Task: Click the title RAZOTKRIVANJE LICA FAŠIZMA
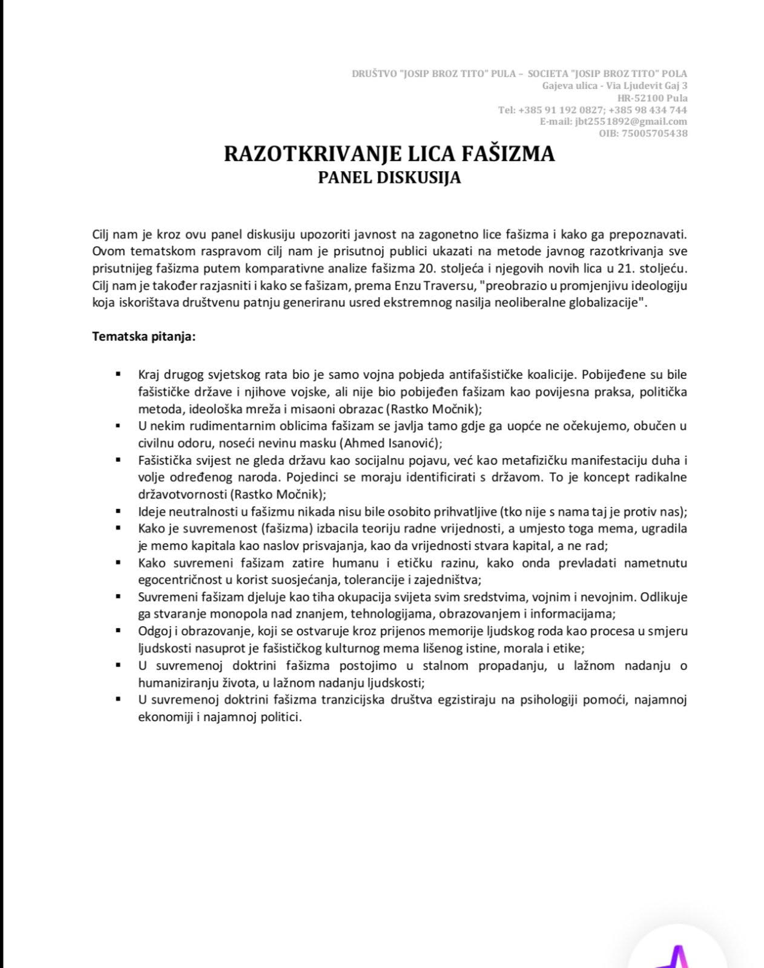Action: click(x=389, y=154)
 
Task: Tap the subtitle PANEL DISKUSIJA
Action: click(x=389, y=178)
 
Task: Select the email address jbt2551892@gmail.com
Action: click(x=631, y=122)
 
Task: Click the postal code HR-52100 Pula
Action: click(x=652, y=98)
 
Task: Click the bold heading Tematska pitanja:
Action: click(x=144, y=336)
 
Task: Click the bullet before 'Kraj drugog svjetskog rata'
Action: click(x=119, y=375)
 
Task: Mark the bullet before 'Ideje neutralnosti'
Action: click(x=119, y=511)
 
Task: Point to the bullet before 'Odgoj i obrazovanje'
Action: click(x=119, y=631)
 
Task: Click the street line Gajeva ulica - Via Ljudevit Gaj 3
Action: click(x=614, y=86)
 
